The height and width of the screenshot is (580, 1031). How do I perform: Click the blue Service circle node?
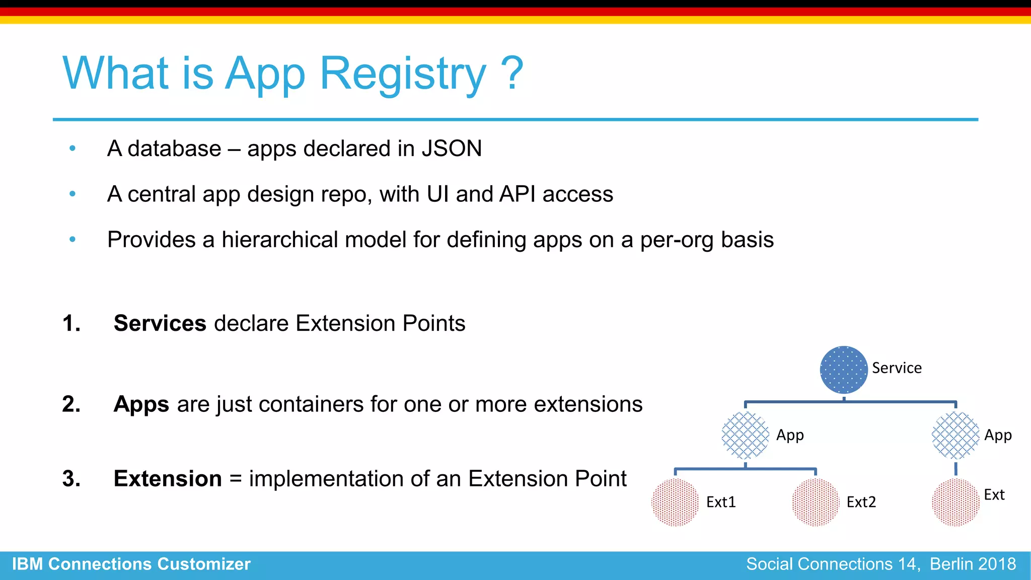click(844, 370)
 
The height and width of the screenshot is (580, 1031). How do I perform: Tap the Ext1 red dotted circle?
click(675, 502)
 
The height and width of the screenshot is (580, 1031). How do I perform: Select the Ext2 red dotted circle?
click(815, 502)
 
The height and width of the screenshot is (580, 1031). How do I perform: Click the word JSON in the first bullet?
click(452, 149)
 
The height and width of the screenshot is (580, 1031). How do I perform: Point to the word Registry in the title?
click(403, 74)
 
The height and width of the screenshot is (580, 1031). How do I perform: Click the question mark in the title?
click(512, 74)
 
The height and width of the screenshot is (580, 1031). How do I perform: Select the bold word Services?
click(160, 323)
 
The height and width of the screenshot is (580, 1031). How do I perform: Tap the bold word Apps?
click(141, 404)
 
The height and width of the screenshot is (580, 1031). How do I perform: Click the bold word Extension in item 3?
click(168, 479)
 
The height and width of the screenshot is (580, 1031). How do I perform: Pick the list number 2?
click(71, 404)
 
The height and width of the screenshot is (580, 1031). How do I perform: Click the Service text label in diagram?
click(897, 368)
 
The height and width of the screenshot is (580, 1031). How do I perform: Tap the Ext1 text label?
click(721, 502)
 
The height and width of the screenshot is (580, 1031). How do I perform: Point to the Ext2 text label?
click(861, 502)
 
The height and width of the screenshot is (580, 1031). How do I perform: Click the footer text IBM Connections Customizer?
click(131, 564)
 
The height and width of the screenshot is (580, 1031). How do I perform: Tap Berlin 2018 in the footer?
click(973, 564)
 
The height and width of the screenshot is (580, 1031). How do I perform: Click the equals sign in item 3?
click(236, 479)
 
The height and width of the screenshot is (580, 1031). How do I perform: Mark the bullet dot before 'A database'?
click(72, 149)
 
